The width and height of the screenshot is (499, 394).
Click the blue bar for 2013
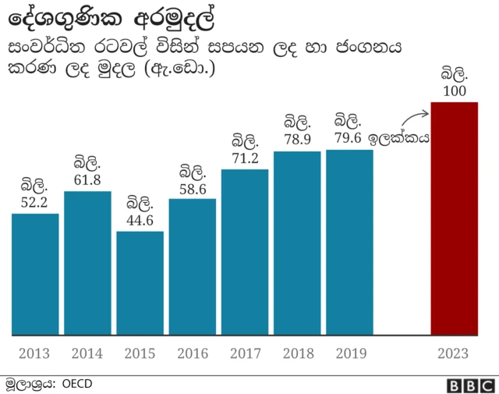(35, 274)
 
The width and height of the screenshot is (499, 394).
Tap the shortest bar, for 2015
(140, 283)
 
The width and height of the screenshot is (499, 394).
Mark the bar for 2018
(297, 243)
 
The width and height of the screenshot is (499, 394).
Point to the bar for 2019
(349, 242)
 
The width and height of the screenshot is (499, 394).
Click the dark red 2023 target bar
(454, 218)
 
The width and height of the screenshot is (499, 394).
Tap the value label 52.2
(35, 202)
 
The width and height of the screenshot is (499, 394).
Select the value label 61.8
(87, 179)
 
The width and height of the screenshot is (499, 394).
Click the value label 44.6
(140, 220)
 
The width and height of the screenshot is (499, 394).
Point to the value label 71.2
(245, 158)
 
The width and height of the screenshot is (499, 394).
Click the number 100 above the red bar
(454, 92)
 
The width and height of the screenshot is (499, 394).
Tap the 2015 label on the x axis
(140, 353)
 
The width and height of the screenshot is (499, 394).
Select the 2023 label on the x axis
(454, 353)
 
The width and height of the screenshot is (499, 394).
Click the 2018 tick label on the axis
(297, 353)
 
